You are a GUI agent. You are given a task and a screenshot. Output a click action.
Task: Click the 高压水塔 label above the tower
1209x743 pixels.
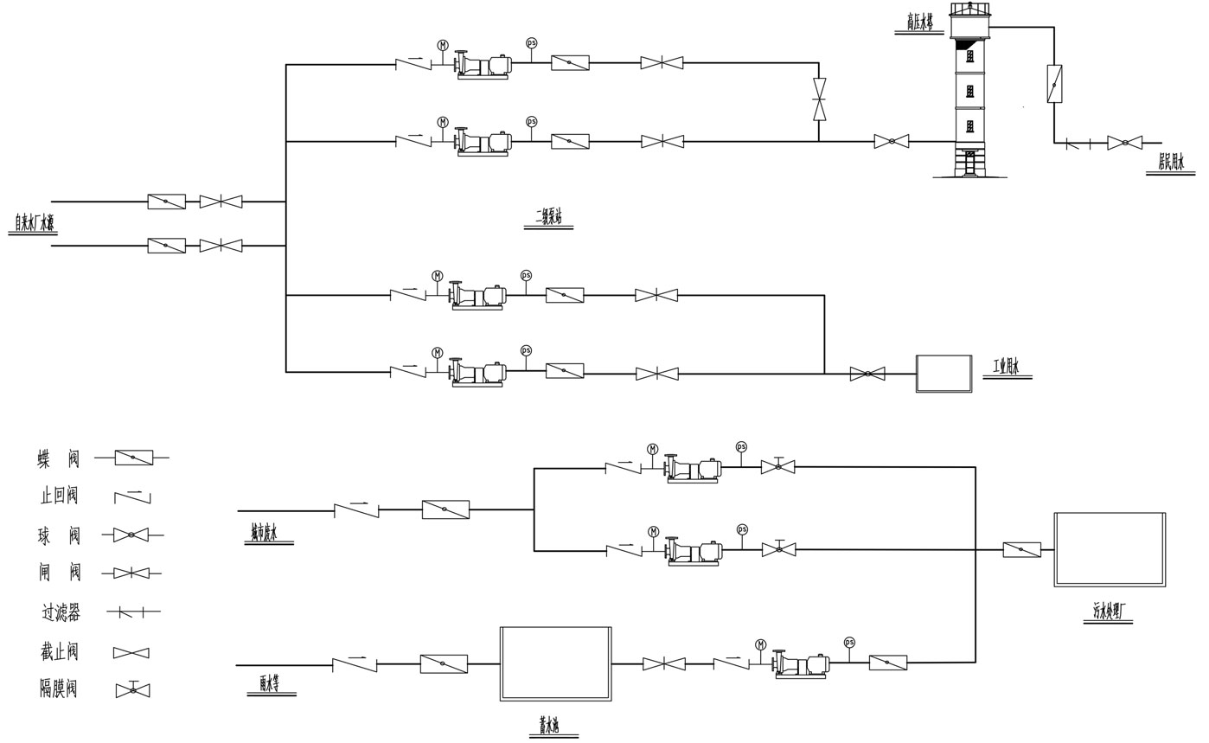coord(919,22)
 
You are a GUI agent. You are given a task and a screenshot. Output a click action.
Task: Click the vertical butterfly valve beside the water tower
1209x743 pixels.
coord(1054,84)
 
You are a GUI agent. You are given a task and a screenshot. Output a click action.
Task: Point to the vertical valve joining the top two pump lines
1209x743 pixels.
coord(819,99)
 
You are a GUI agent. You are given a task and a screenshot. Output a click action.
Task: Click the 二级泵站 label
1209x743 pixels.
coord(548,217)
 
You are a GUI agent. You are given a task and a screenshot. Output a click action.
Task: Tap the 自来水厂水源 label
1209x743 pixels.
coord(34,223)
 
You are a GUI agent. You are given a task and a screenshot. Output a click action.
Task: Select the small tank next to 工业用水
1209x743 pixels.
coord(944,374)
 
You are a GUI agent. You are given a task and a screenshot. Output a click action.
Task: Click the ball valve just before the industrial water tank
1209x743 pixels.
coord(867,374)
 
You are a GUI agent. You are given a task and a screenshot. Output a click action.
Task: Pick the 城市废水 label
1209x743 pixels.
coord(265,533)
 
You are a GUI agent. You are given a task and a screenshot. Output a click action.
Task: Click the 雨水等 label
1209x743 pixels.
coord(270,683)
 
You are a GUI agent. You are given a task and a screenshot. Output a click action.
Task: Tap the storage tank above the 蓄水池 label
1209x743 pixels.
coord(555,663)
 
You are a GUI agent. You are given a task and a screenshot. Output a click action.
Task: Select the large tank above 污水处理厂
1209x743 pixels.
coord(1110,549)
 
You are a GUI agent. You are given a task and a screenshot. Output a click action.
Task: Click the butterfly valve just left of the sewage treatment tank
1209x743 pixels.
coord(1021,549)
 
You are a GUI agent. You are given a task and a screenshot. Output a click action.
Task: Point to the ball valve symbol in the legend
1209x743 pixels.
coord(131,535)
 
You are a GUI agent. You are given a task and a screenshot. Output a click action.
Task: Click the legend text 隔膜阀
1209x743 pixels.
coord(59,689)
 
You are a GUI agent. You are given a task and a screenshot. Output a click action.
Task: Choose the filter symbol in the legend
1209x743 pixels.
coord(132,612)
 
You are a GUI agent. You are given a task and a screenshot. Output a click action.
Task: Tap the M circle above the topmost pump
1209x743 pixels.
coord(443,45)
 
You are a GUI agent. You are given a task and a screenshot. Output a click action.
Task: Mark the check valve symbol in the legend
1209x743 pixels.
coord(132,496)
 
